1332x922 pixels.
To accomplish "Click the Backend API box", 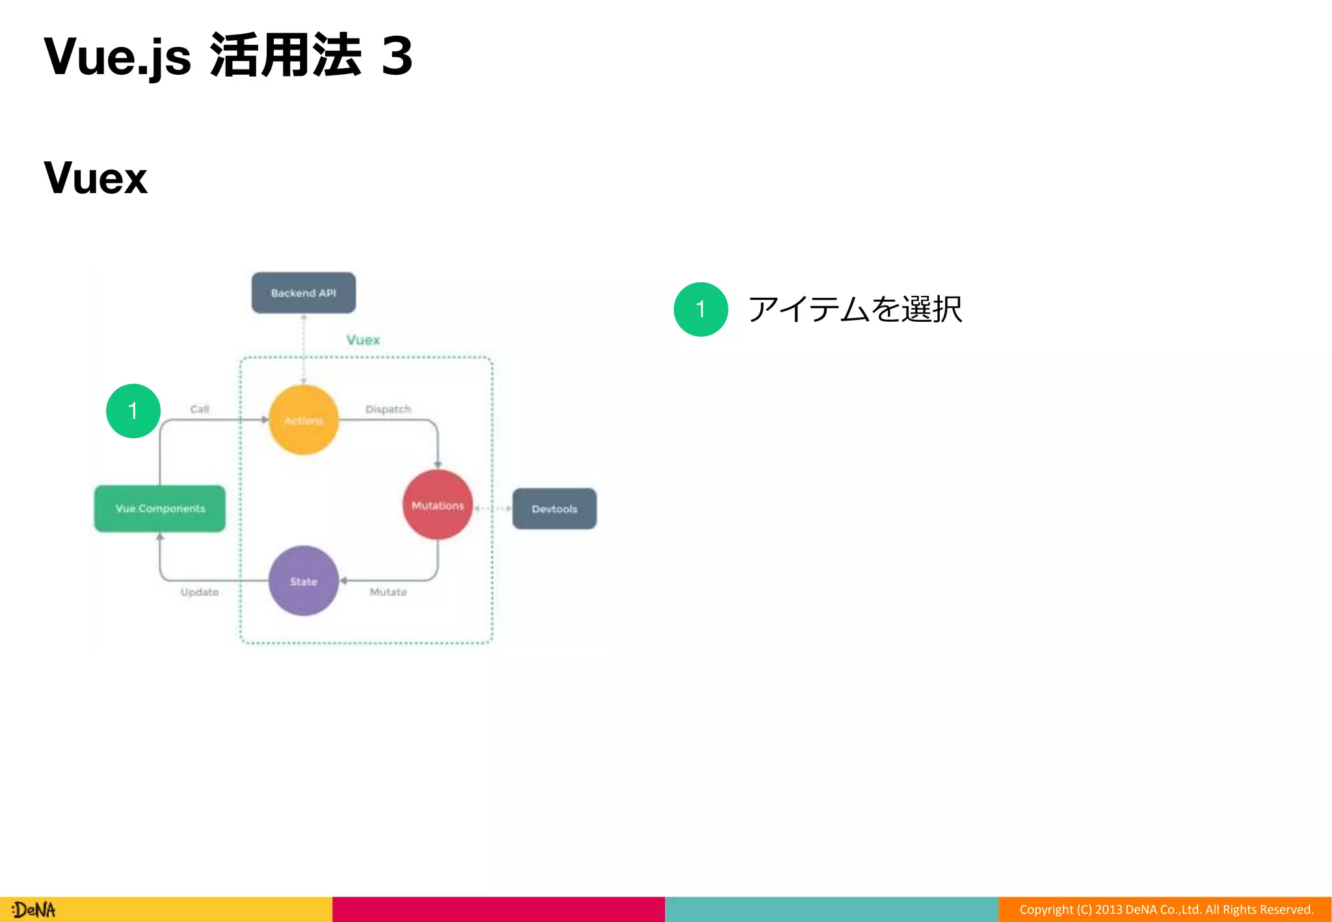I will (304, 293).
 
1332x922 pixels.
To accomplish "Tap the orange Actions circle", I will (304, 420).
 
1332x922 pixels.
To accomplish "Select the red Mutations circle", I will (438, 505).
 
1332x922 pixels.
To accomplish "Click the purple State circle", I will (304, 581).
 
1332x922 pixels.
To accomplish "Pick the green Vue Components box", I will (160, 508).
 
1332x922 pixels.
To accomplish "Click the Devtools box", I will (554, 508).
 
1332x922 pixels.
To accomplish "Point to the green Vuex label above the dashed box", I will (363, 340).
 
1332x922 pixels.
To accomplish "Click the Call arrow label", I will (200, 409).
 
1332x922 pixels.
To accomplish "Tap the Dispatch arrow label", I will (388, 409).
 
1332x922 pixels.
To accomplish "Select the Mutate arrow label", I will (388, 592).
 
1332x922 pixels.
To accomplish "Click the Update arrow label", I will (200, 592).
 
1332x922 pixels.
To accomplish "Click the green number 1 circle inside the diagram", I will (133, 411).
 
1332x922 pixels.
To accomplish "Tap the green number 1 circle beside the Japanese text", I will (700, 310).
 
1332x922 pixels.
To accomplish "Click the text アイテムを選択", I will (855, 310).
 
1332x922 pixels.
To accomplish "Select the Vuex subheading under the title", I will (96, 178).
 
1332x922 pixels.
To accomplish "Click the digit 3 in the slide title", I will (397, 57).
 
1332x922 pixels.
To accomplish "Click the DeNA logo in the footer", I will (34, 909).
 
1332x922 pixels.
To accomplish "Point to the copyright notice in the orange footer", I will (1165, 909).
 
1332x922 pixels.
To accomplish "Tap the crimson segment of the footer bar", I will (499, 909).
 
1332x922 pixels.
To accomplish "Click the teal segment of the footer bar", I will (832, 909).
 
